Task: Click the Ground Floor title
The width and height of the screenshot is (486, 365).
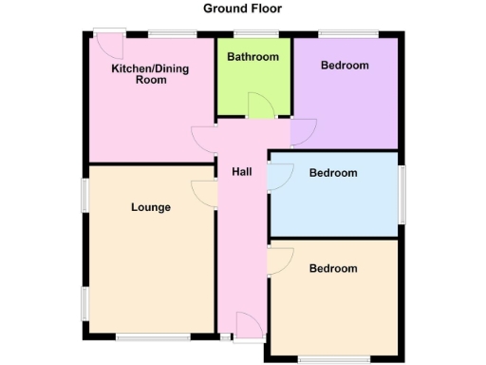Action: pyautogui.click(x=243, y=9)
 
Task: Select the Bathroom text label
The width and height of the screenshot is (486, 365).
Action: pyautogui.click(x=253, y=57)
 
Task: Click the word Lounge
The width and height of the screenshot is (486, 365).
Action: pyautogui.click(x=150, y=207)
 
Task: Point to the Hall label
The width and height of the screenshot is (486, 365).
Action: pyautogui.click(x=242, y=171)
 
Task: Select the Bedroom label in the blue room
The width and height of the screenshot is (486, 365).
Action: pyautogui.click(x=333, y=173)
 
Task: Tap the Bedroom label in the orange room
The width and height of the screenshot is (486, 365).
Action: pyautogui.click(x=333, y=269)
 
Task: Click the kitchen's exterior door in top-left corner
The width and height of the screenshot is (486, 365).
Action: pyautogui.click(x=110, y=44)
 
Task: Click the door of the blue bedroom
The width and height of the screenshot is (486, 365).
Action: pyautogui.click(x=281, y=177)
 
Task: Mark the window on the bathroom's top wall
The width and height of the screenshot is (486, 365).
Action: pyautogui.click(x=252, y=34)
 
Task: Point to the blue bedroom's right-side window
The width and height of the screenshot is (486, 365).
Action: pyautogui.click(x=402, y=194)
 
